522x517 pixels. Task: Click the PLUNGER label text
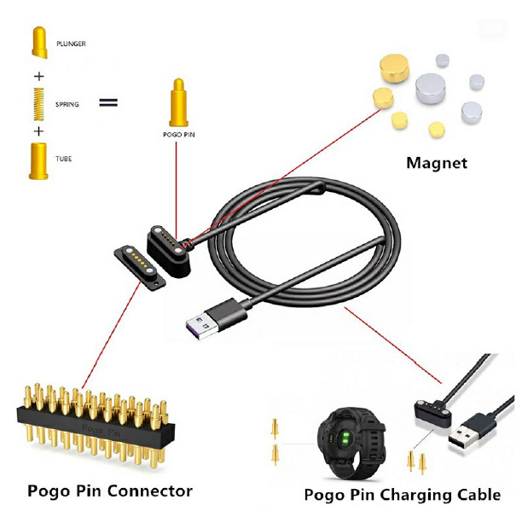(x=71, y=43)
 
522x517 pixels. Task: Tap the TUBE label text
(x=63, y=160)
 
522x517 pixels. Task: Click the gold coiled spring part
(x=37, y=103)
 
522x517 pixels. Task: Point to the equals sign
(x=107, y=103)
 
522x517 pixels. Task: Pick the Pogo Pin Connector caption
(x=110, y=491)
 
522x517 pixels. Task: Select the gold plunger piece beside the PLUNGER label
(x=37, y=42)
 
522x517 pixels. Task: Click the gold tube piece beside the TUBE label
(x=37, y=160)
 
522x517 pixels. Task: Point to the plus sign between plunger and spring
(x=37, y=75)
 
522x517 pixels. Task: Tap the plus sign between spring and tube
(x=37, y=131)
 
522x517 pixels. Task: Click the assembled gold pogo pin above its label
(x=177, y=102)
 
